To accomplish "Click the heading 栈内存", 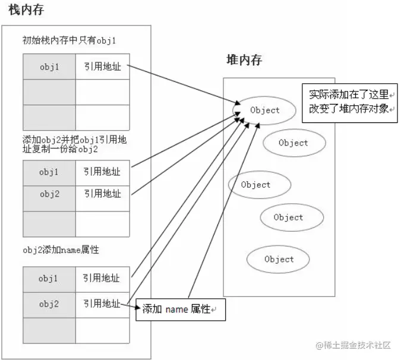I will (26, 11).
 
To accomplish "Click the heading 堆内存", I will (244, 60).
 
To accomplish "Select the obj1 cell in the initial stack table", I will (49, 67).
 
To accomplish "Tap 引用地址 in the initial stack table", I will (102, 67).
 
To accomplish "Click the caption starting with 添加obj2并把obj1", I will (74, 144).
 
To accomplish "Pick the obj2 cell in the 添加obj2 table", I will (49, 194).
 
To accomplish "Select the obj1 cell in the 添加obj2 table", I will (49, 172).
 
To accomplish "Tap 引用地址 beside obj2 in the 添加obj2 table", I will (102, 194).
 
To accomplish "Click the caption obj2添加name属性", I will (61, 250).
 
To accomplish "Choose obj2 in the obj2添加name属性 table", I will (49, 304).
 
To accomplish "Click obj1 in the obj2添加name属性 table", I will (49, 278).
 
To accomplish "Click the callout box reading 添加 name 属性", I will (180, 310).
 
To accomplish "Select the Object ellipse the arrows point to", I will (264, 110).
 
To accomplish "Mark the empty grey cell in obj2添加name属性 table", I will (49, 330).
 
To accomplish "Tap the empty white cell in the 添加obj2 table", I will (102, 224).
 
